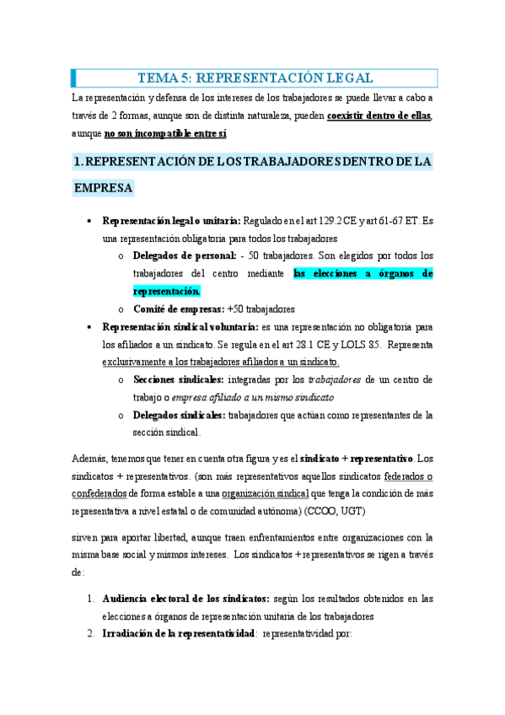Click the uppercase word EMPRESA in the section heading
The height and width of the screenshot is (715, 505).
coord(103,188)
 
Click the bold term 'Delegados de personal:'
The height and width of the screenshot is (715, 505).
coord(184,256)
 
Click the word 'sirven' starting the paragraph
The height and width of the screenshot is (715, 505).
coord(87,537)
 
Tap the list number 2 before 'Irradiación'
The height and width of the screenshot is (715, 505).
coord(91,634)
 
